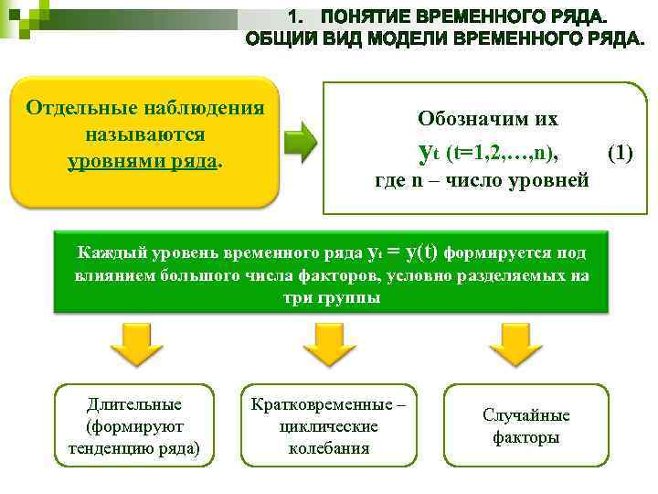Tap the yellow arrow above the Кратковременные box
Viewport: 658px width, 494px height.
[x=328, y=344]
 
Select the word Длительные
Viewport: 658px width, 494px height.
[x=134, y=404]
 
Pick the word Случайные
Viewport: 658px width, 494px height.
[x=525, y=415]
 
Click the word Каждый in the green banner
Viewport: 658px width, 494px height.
[x=105, y=253]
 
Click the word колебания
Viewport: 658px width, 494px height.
[x=328, y=448]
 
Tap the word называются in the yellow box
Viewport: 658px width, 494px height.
[x=144, y=134]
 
